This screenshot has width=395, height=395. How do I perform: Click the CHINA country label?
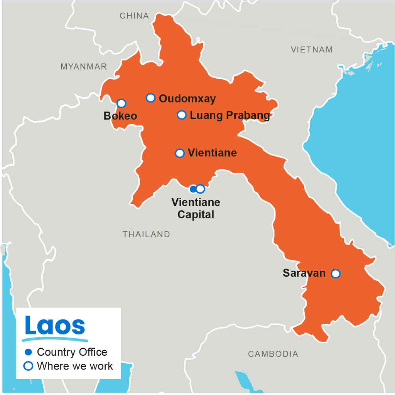134,16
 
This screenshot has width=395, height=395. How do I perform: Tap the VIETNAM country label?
312,50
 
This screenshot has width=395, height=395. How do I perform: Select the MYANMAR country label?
84,67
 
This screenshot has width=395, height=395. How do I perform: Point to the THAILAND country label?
146,234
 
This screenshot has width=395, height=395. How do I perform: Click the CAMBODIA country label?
273,354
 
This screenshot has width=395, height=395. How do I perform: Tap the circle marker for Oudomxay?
150,98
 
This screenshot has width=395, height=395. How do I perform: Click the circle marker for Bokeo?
121,103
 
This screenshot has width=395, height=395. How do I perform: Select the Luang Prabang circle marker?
182,115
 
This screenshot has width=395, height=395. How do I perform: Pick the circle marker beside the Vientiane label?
180,153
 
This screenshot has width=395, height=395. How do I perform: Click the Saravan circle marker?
336,274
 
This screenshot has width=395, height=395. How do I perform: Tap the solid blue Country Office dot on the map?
193,189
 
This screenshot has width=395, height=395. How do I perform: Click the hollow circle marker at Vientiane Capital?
200,189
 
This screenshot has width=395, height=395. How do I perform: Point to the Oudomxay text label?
187,99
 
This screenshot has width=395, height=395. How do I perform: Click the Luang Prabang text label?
230,115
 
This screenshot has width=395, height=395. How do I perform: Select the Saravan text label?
304,273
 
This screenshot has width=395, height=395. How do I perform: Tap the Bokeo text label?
120,116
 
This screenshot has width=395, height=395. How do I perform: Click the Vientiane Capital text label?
196,208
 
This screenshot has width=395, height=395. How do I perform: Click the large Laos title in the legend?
55,326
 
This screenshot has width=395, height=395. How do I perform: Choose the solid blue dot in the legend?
28,352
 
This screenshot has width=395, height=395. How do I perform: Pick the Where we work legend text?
75,366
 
